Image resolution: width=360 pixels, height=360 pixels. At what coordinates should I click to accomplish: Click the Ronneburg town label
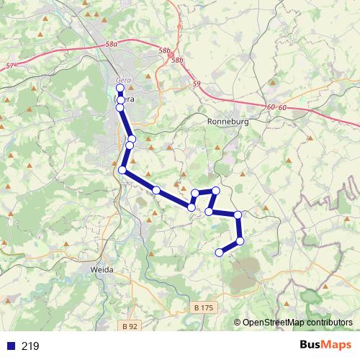[228, 122]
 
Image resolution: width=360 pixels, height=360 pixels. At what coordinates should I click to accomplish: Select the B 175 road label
[204, 307]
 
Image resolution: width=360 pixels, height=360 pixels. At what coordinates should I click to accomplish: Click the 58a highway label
[111, 45]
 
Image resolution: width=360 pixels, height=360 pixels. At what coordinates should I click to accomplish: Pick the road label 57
[9, 66]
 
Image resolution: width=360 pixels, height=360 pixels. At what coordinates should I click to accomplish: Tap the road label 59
[197, 85]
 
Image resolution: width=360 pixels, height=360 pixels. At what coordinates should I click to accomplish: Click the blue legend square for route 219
[11, 346]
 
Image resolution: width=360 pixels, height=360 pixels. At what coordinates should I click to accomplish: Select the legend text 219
[30, 346]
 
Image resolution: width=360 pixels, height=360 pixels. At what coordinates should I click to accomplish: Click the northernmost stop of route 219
[120, 89]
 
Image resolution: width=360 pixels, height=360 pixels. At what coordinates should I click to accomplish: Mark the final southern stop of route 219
[220, 252]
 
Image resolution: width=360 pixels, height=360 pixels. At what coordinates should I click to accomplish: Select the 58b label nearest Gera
[165, 50]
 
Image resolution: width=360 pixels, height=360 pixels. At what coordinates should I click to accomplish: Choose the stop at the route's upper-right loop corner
[215, 190]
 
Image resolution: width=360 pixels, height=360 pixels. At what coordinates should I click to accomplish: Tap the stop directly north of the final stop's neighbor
[238, 215]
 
